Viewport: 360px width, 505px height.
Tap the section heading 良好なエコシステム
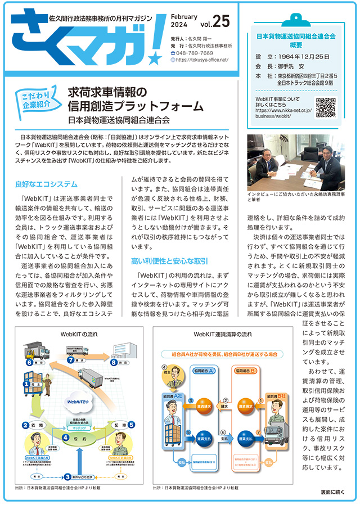point(46,184)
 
